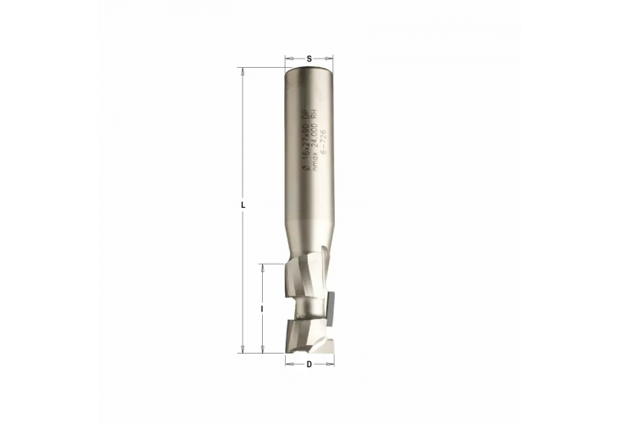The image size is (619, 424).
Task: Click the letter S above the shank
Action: [x=309, y=57]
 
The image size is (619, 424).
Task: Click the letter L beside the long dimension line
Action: [x=243, y=206]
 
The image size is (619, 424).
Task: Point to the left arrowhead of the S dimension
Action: [x=288, y=64]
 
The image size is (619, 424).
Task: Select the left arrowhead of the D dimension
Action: [x=287, y=360]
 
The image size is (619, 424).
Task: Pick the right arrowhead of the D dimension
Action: [x=331, y=360]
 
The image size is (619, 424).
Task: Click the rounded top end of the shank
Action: [x=309, y=70]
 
